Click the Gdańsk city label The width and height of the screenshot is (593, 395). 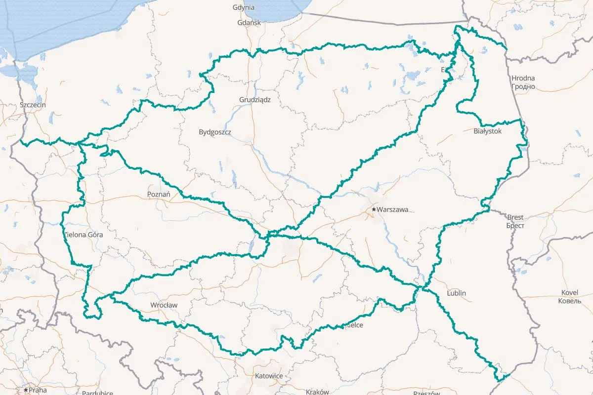click(x=246, y=23)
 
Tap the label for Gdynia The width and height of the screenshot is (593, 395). click(x=244, y=7)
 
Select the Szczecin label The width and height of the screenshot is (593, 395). click(x=33, y=105)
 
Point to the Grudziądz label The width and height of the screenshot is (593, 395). click(x=255, y=99)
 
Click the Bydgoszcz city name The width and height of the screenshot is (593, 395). click(x=215, y=132)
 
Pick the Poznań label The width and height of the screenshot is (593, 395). click(x=159, y=195)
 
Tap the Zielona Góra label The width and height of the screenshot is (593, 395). click(x=84, y=235)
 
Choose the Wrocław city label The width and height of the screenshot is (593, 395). click(x=164, y=305)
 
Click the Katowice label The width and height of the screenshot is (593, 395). click(x=269, y=376)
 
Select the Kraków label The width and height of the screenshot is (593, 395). click(x=317, y=392)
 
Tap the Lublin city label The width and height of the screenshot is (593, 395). click(x=456, y=293)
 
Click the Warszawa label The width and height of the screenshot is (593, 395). click(x=392, y=210)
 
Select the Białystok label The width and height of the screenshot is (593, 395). click(x=487, y=131)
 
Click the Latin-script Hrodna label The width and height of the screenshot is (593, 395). click(x=523, y=79)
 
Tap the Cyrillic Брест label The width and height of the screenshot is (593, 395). click(x=515, y=226)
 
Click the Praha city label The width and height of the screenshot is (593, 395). click(x=39, y=390)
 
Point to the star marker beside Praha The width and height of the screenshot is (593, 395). click(x=26, y=390)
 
